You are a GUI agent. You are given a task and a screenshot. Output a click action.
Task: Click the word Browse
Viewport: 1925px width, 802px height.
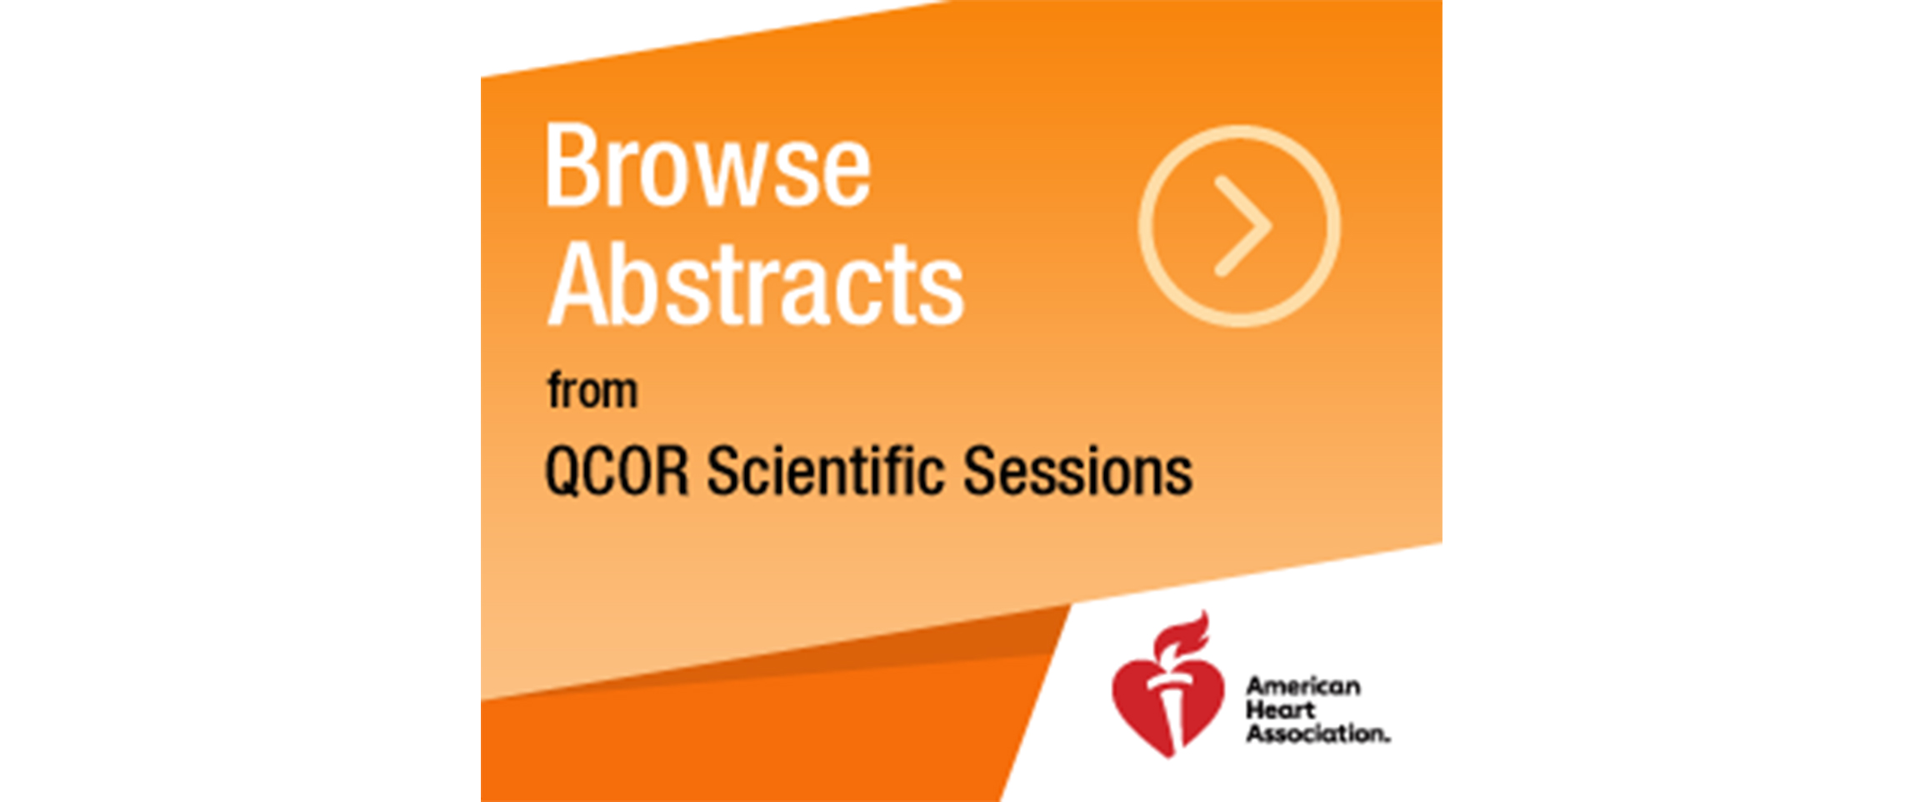point(707,166)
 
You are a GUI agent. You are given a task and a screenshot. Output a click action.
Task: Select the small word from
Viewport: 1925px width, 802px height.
point(592,390)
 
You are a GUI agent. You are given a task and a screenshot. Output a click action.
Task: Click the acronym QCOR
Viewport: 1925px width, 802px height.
point(617,472)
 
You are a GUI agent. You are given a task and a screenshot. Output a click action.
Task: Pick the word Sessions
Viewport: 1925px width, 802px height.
point(1077,471)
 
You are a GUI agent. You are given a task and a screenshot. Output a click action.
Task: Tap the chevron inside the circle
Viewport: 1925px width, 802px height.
point(1243,225)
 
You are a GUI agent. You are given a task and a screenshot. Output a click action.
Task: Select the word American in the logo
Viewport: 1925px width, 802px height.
point(1303,686)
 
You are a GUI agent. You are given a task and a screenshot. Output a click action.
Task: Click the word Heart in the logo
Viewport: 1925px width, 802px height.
point(1280,710)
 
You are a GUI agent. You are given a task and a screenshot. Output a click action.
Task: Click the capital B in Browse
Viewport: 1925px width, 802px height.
point(571,166)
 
